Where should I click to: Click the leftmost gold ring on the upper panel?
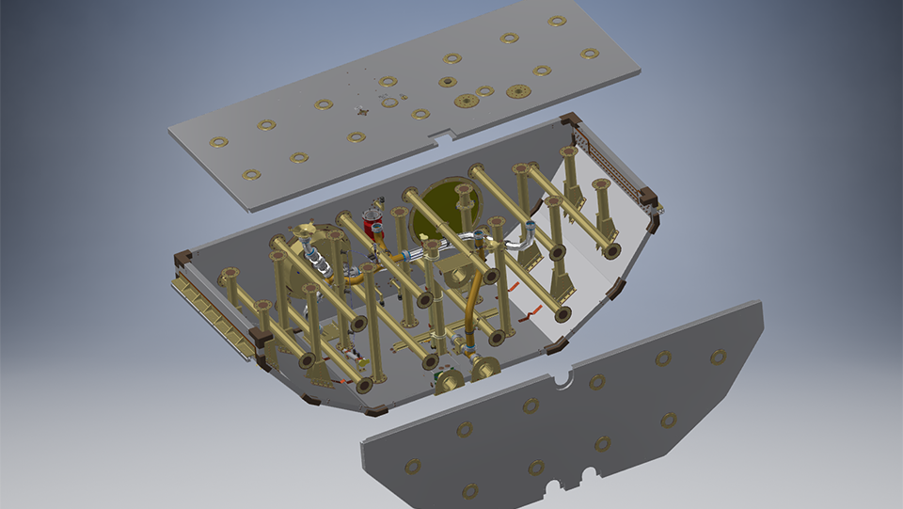[x=218, y=142]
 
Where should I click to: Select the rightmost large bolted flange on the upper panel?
[x=517, y=91]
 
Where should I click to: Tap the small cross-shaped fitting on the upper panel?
[x=362, y=112]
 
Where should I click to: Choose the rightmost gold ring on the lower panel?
[x=718, y=357]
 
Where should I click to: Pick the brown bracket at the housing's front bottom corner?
[x=375, y=410]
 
